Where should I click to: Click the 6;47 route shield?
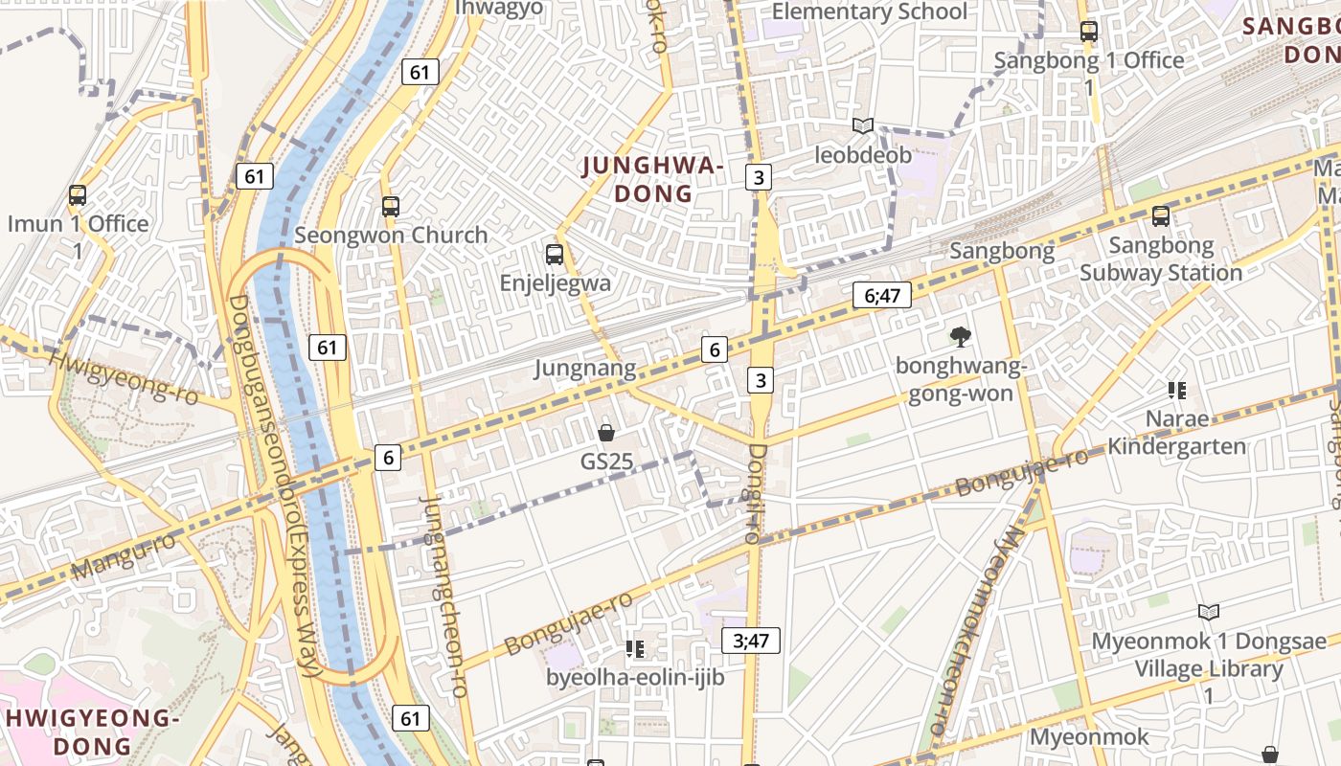[x=882, y=295]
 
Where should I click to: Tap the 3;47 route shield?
[x=751, y=641]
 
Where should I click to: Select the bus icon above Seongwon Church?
[x=390, y=206]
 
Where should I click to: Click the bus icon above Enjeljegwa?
[x=555, y=254]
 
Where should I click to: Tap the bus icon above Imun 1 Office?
[x=78, y=195]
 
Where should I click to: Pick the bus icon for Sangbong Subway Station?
[x=1161, y=216]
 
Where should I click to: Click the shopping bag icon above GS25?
[x=606, y=433]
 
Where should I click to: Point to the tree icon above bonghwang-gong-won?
[x=959, y=336]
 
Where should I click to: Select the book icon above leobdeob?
[x=863, y=125]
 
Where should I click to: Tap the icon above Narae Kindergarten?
[x=1177, y=390]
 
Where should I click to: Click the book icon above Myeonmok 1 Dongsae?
[x=1209, y=612]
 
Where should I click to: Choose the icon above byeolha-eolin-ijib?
[x=634, y=649]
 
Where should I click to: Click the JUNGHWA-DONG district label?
[x=652, y=179]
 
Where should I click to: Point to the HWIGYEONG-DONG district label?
[x=92, y=731]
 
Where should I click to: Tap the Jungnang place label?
[x=584, y=368]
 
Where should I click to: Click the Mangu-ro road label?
[x=124, y=556]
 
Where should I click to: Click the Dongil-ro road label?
[x=755, y=493]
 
